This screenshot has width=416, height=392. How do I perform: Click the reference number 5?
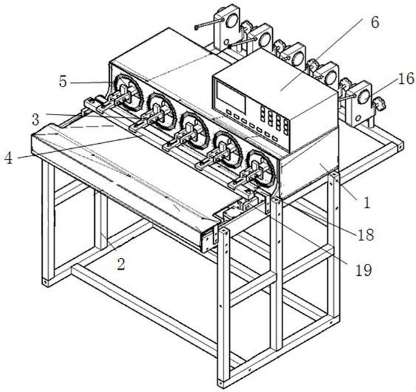pos(63,82)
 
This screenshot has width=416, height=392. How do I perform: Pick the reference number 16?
pos(405,79)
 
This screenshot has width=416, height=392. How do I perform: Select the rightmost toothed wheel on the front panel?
pos(261,168)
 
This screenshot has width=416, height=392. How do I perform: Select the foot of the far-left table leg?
pos(46,282)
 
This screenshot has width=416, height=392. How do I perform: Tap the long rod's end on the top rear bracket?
pos(196,27)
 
